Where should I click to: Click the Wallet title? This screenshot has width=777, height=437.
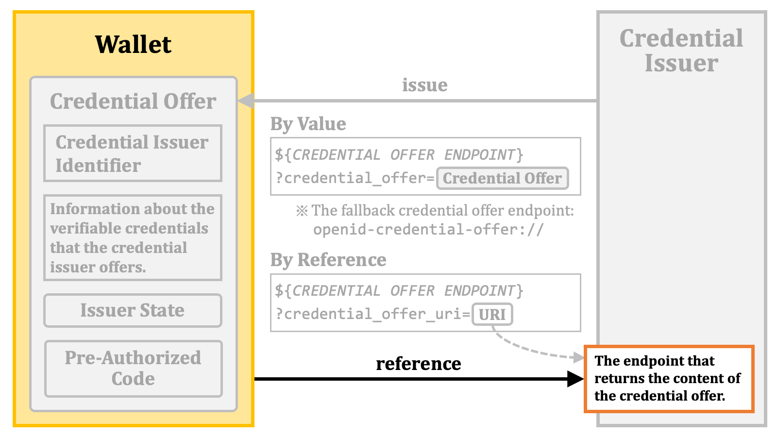pyautogui.click(x=133, y=44)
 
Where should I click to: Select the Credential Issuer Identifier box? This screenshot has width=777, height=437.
pyautogui.click(x=133, y=153)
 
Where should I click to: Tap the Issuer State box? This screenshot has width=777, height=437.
pyautogui.click(x=133, y=310)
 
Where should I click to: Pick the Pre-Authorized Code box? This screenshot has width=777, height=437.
pyautogui.click(x=134, y=369)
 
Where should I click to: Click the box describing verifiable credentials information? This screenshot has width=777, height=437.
pyautogui.click(x=133, y=237)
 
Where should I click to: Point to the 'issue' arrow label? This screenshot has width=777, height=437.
pyautogui.click(x=425, y=85)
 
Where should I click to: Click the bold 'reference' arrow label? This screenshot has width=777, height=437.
pyautogui.click(x=419, y=364)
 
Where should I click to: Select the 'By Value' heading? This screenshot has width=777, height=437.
pyautogui.click(x=308, y=124)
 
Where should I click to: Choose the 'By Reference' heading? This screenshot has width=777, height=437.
pyautogui.click(x=328, y=260)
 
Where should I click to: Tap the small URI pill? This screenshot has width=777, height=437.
pyautogui.click(x=492, y=315)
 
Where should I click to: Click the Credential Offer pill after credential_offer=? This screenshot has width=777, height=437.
pyautogui.click(x=502, y=178)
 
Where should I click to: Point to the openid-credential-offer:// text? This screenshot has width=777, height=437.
pyautogui.click(x=428, y=230)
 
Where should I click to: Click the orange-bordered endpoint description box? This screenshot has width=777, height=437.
pyautogui.click(x=669, y=379)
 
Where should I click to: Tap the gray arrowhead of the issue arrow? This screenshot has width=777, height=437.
pyautogui.click(x=246, y=101)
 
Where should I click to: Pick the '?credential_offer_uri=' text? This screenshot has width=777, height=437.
pyautogui.click(x=373, y=314)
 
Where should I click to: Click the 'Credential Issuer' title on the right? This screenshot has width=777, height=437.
pyautogui.click(x=681, y=50)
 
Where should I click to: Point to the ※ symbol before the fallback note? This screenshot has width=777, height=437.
pyautogui.click(x=302, y=211)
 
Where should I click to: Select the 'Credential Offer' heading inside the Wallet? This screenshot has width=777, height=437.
pyautogui.click(x=133, y=101)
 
